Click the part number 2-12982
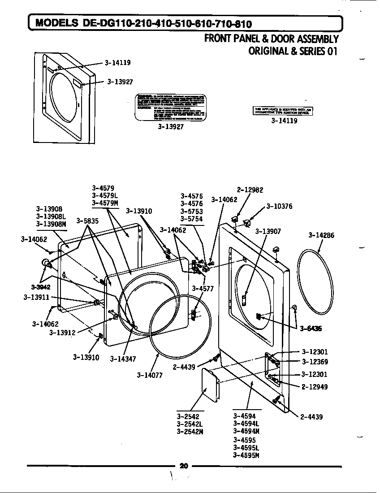tap(250, 190)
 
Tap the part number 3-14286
tap(321, 235)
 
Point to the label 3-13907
tap(268, 232)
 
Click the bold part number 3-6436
tap(311, 329)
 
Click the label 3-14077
tap(150, 375)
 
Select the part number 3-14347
tap(123, 359)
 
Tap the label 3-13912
tap(62, 333)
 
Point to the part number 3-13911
tap(37, 297)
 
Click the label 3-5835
tap(87, 221)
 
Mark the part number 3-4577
tap(203, 289)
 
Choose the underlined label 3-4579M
tap(105, 203)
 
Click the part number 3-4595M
tap(246, 455)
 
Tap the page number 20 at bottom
tap(183, 466)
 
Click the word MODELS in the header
tap(57, 23)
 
